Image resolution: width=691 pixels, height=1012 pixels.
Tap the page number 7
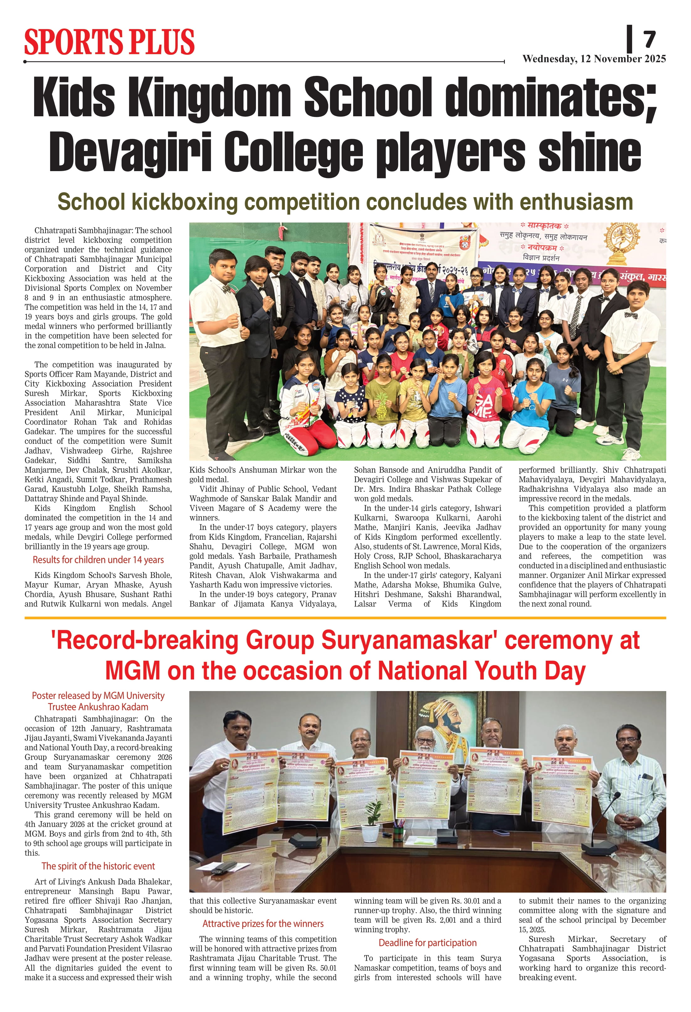(x=649, y=40)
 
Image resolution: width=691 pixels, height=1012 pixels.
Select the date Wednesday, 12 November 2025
(x=594, y=59)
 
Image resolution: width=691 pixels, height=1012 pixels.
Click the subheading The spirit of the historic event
(x=98, y=866)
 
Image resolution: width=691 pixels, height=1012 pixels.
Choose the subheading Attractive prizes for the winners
(x=263, y=924)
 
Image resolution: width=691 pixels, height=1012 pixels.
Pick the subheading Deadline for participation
(x=427, y=943)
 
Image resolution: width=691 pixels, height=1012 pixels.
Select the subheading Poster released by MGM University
(x=98, y=696)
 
